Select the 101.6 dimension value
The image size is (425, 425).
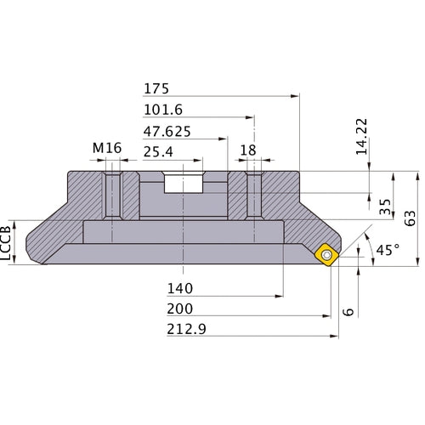[x=163, y=109]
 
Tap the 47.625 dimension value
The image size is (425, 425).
[x=167, y=131]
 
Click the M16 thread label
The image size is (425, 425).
[x=107, y=149]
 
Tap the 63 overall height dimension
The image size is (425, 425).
[x=411, y=218]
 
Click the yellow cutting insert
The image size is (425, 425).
[x=328, y=255]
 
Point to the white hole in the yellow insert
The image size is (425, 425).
[x=327, y=254]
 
